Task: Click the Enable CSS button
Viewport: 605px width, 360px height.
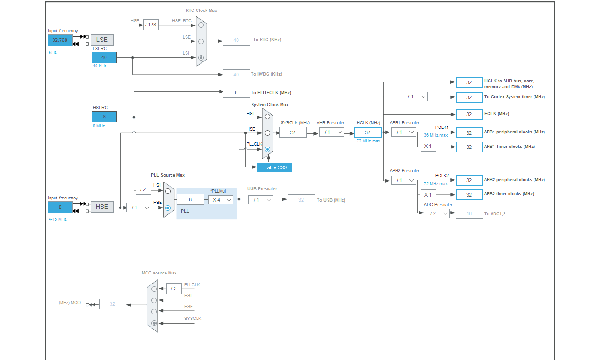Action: click(x=274, y=167)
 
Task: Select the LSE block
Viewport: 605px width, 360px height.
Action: click(x=102, y=40)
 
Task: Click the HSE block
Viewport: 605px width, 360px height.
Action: click(x=102, y=207)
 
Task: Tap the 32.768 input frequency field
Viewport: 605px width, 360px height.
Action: click(x=60, y=40)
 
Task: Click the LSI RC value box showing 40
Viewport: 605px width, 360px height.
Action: click(x=104, y=57)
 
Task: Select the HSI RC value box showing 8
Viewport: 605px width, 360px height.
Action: click(x=104, y=117)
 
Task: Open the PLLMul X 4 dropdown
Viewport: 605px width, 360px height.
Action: click(x=221, y=199)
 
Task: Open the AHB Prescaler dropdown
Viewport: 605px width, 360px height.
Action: click(x=332, y=132)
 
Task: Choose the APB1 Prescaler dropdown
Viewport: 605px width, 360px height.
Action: click(x=403, y=132)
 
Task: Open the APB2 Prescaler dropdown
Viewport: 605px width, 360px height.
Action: click(x=403, y=180)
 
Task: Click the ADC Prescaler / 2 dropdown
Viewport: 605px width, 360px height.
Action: click(x=437, y=213)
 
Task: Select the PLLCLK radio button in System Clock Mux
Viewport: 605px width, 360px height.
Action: click(x=267, y=149)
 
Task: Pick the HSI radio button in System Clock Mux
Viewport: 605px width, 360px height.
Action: click(x=267, y=117)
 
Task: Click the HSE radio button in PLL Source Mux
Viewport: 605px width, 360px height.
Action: click(x=168, y=208)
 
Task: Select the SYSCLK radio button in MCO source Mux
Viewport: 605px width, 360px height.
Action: click(x=154, y=323)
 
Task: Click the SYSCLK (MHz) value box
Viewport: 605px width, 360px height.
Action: click(x=292, y=132)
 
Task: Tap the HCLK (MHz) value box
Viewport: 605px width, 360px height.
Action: click(x=368, y=132)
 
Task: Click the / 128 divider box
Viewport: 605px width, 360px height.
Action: click(x=151, y=25)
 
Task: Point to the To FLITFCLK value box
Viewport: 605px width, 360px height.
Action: click(x=236, y=92)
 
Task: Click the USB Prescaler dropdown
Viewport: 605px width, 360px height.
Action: click(x=261, y=200)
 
